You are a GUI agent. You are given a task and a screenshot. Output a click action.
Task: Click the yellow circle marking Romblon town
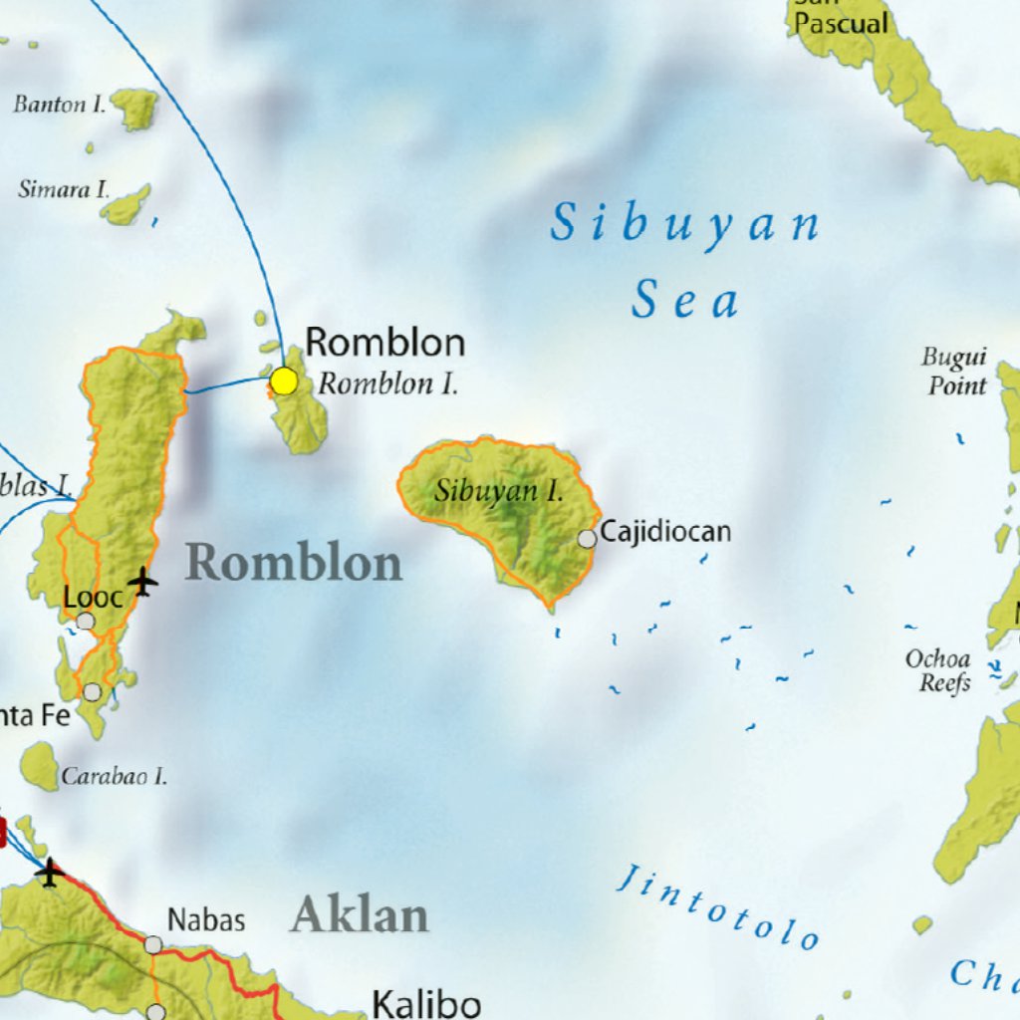[284, 381]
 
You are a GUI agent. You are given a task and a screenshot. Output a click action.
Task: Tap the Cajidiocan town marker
[588, 538]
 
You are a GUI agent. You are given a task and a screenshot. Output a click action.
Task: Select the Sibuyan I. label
[499, 490]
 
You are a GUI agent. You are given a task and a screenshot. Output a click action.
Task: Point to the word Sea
[686, 301]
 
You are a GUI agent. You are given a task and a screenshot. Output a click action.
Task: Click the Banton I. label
[59, 104]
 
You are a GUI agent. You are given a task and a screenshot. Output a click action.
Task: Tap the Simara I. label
[64, 188]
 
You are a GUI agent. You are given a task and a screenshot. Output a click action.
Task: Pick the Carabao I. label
[114, 776]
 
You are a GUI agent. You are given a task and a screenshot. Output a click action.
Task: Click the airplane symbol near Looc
[143, 580]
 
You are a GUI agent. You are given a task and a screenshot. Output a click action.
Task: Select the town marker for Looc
[86, 622]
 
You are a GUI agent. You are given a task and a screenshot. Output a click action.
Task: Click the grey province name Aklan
[360, 914]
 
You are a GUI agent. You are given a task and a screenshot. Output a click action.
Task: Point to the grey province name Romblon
[294, 563]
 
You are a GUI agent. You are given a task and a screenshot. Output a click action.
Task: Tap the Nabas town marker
[153, 943]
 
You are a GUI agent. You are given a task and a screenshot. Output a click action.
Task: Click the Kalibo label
[426, 1003]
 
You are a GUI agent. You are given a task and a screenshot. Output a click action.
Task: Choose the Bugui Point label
[954, 372]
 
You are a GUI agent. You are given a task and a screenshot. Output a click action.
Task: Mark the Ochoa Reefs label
[937, 670]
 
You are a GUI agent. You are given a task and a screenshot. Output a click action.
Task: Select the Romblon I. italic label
[388, 384]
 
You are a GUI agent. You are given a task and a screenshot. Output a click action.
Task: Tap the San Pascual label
[842, 22]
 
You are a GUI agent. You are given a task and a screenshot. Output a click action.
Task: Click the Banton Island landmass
[135, 108]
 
